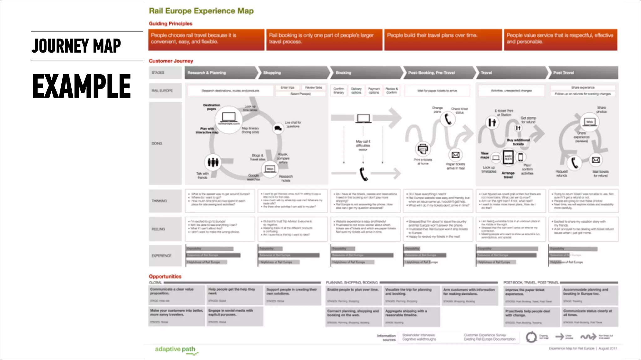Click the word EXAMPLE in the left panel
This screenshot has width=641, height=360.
[x=81, y=86]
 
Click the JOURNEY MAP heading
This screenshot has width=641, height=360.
[x=76, y=46]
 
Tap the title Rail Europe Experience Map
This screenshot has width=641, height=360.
[x=201, y=11]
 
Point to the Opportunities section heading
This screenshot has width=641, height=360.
[x=165, y=276]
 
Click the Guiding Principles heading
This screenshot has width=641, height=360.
[x=170, y=23]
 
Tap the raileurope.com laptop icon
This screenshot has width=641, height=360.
[x=228, y=118]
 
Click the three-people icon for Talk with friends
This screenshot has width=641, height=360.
[x=213, y=162]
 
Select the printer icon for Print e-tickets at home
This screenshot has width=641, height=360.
[x=423, y=149]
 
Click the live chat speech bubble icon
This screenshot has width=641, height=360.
[x=278, y=128]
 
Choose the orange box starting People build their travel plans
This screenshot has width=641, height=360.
[x=443, y=40]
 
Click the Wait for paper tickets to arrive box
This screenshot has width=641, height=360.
[x=437, y=91]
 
